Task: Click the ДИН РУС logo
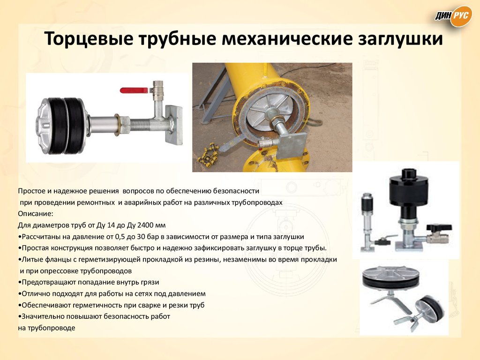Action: click(x=454, y=16)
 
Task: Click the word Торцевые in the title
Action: click(x=89, y=39)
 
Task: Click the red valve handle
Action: click(x=134, y=90)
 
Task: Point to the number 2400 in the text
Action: click(x=145, y=225)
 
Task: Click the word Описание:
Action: click(x=36, y=214)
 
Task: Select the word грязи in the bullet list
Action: click(x=150, y=282)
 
